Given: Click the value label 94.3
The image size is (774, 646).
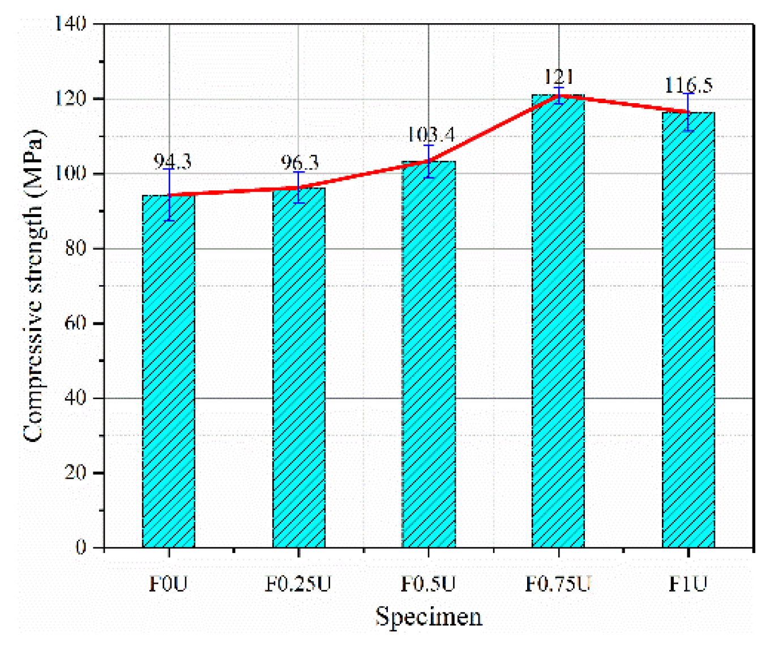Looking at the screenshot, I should tap(173, 162).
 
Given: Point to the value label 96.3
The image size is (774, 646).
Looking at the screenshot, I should tap(300, 163).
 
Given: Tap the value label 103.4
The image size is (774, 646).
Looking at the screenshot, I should tap(431, 135).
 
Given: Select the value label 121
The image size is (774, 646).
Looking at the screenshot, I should tap(559, 77).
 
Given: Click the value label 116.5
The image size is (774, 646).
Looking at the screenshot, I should tap(689, 86).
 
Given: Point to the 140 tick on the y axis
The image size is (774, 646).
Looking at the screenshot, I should tap(71, 24).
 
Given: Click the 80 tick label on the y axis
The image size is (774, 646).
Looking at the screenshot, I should tap(75, 248).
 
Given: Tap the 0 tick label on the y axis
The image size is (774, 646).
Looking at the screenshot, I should tap(81, 547).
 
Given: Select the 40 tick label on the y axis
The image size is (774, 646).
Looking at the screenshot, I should tap(75, 398).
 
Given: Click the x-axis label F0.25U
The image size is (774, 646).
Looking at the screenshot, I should tap(298, 584).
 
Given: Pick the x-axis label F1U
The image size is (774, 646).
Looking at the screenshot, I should tap(688, 584).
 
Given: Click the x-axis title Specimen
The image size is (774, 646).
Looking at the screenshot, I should tap(429, 617).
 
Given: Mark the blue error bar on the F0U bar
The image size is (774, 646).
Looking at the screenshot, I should tap(169, 195).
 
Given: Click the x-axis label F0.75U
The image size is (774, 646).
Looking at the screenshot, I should tap(558, 584).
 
